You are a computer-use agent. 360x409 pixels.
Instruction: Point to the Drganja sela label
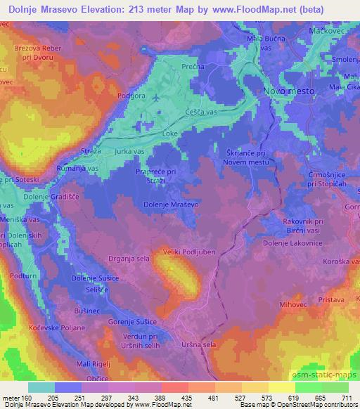pyautogui.click(x=128, y=259)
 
